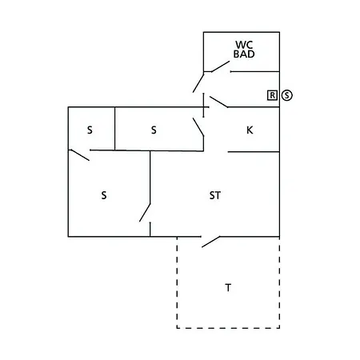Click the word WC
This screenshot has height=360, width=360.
[244, 45]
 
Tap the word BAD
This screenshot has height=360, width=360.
[244, 54]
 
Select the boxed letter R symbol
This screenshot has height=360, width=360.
[272, 95]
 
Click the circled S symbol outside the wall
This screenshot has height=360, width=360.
[287, 95]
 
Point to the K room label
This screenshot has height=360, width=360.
[250, 130]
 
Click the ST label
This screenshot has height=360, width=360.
[215, 195]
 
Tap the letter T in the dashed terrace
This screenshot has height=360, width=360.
[228, 288]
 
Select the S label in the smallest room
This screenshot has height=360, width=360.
[90, 130]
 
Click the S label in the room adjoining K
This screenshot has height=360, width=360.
[154, 130]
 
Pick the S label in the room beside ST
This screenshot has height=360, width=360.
[104, 195]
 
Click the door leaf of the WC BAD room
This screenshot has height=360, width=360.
[221, 66]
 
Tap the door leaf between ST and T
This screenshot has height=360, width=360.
[210, 242]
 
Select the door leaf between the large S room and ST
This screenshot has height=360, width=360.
[145, 213]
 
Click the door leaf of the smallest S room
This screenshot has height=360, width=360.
[80, 155]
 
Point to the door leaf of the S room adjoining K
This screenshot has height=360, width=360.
[198, 127]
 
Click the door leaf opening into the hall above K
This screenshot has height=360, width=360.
[218, 102]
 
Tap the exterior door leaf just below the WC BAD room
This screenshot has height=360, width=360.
[198, 82]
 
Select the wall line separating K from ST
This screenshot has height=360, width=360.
[254, 152]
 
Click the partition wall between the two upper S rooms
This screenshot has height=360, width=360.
[114, 129]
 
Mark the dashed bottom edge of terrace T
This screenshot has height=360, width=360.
[228, 328]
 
